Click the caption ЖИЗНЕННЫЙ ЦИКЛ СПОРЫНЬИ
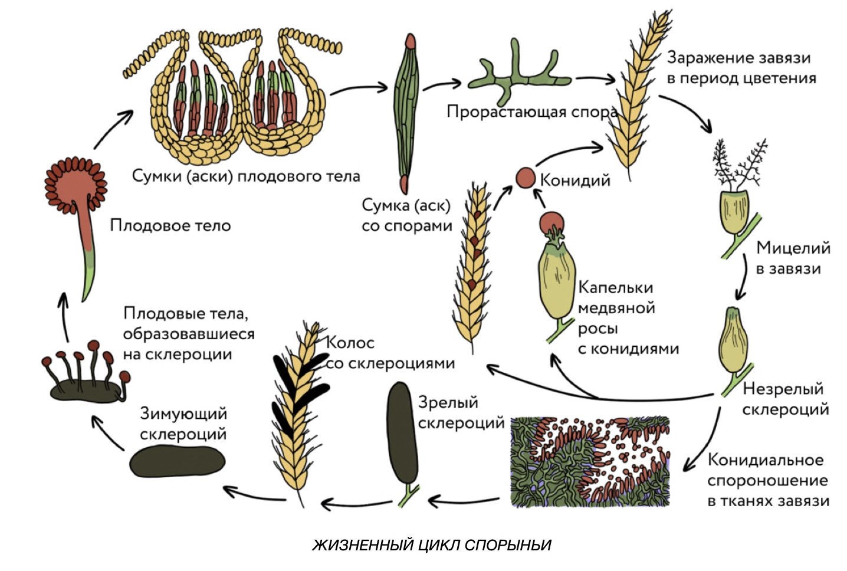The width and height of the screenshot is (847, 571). click(x=431, y=544)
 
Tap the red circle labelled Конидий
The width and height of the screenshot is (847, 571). click(x=525, y=178)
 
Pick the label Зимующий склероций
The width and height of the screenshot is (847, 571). click(x=183, y=424)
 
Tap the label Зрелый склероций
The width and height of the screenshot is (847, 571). click(x=461, y=413)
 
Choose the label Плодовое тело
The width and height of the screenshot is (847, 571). click(x=170, y=225)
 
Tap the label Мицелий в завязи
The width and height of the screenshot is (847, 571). click(x=792, y=258)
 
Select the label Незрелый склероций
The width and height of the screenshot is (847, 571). click(x=785, y=399)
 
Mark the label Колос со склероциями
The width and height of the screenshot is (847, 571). click(x=389, y=353)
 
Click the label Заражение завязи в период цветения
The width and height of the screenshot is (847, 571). click(x=741, y=68)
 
